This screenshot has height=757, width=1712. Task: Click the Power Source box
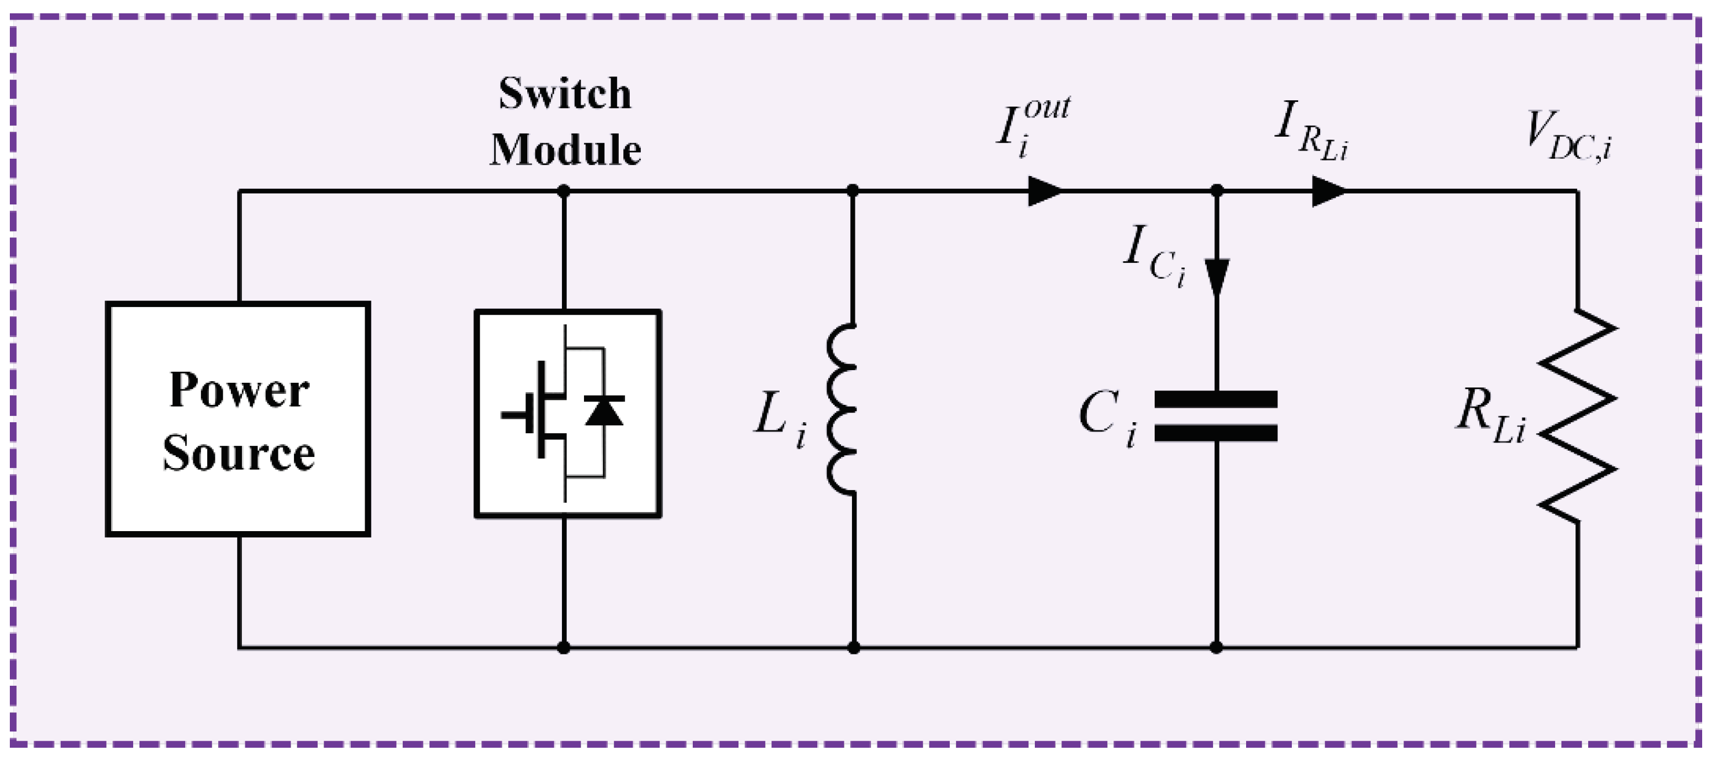click(x=238, y=419)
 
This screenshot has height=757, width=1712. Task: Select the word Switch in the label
click(x=565, y=94)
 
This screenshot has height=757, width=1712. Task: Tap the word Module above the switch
click(x=565, y=151)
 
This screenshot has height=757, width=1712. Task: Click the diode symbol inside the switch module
click(x=604, y=411)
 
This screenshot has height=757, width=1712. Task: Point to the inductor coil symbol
click(x=843, y=409)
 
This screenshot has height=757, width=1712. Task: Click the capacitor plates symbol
click(x=1216, y=416)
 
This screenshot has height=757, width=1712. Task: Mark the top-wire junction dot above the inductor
click(x=853, y=192)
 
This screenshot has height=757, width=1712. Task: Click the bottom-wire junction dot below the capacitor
click(x=1216, y=647)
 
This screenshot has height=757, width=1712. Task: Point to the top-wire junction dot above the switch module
click(x=564, y=192)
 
